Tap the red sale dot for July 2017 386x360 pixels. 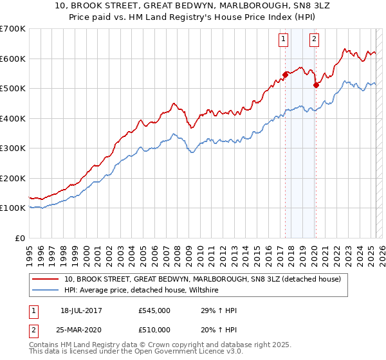tap(285, 74)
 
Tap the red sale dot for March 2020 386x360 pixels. tap(316, 84)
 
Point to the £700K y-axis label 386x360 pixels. tap(13, 29)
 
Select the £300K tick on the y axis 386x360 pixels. tap(13, 148)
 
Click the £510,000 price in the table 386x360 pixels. tap(154, 330)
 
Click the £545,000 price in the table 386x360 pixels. tap(154, 311)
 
